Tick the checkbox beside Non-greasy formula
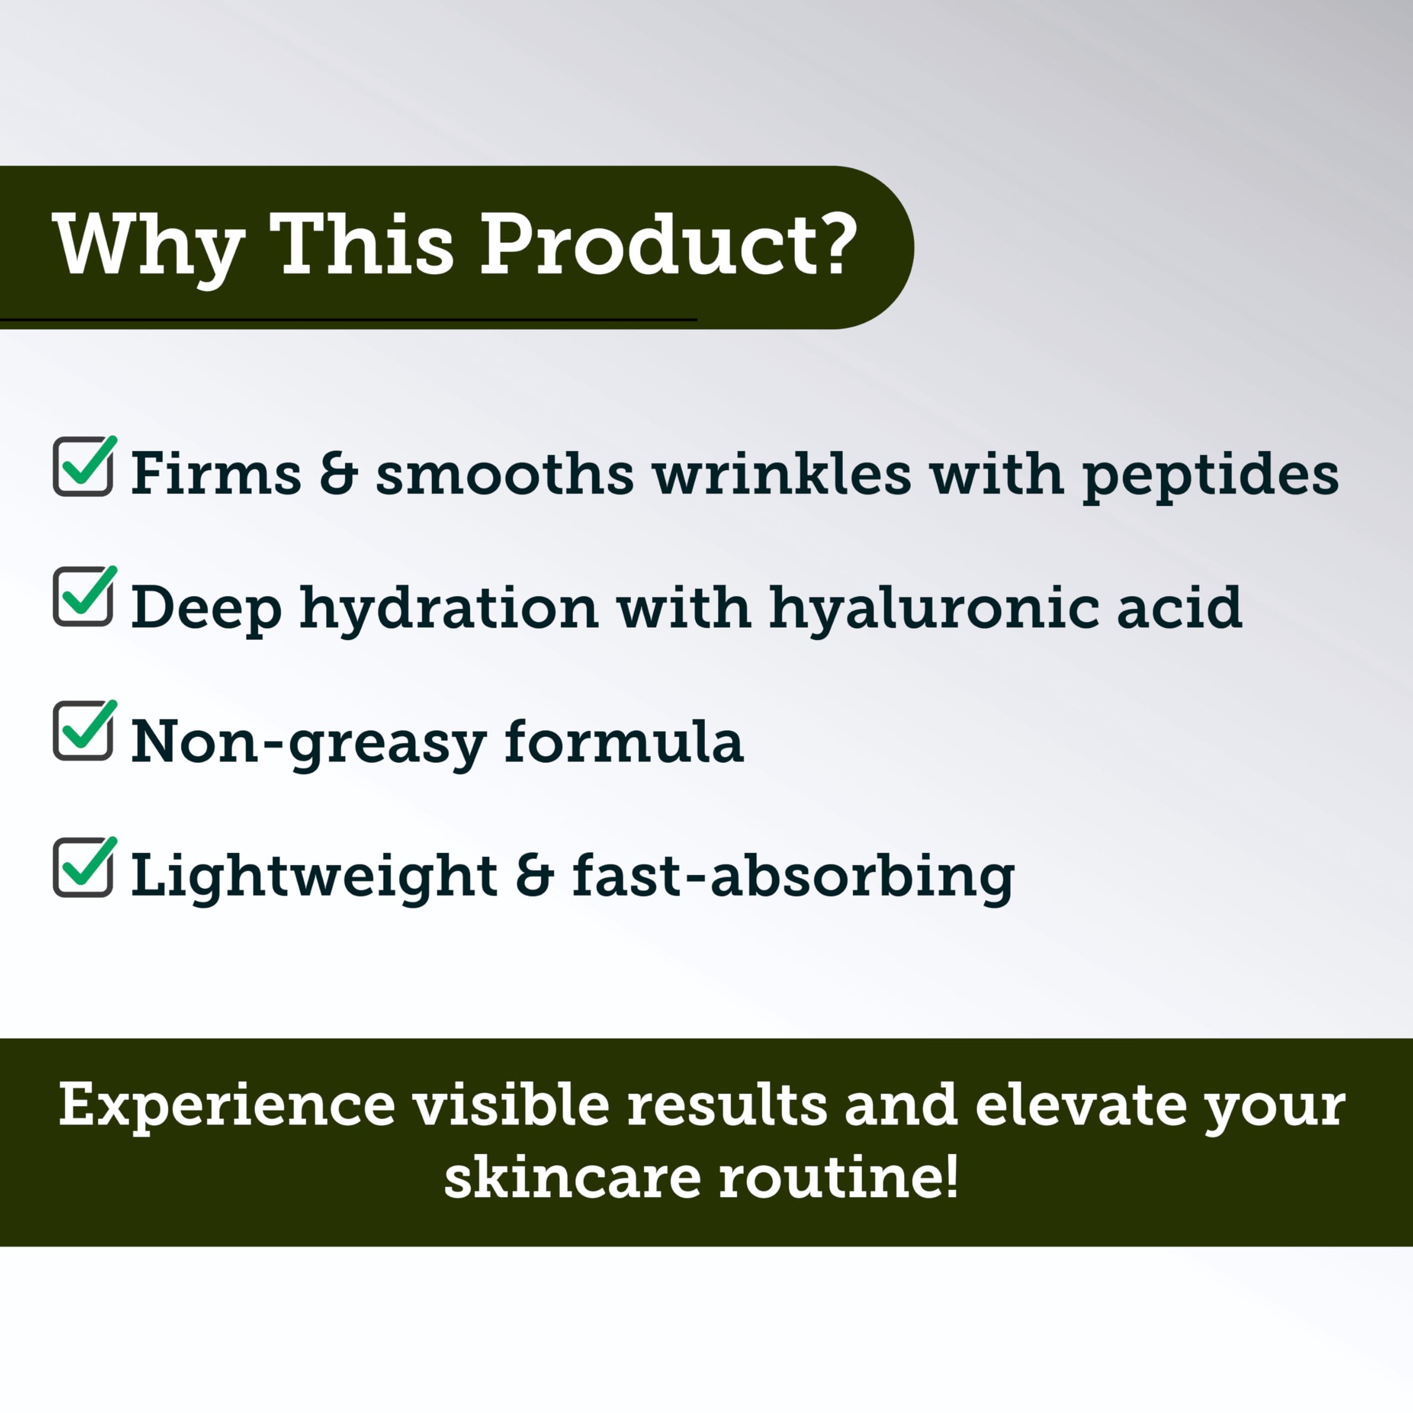tap(83, 731)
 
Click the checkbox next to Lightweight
tap(83, 868)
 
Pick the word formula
tap(624, 742)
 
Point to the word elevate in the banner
tap(1080, 1105)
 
